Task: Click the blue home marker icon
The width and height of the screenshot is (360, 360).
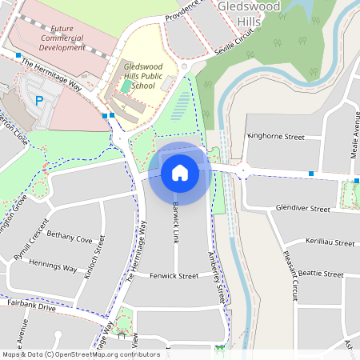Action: [180, 172]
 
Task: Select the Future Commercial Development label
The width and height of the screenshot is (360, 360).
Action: [62, 42]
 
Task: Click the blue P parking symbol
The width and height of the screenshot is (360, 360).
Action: [39, 101]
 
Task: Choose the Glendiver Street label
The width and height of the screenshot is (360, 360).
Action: [302, 209]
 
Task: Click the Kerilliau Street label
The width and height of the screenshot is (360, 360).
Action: [330, 242]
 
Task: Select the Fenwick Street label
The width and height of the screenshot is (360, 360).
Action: [174, 276]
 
